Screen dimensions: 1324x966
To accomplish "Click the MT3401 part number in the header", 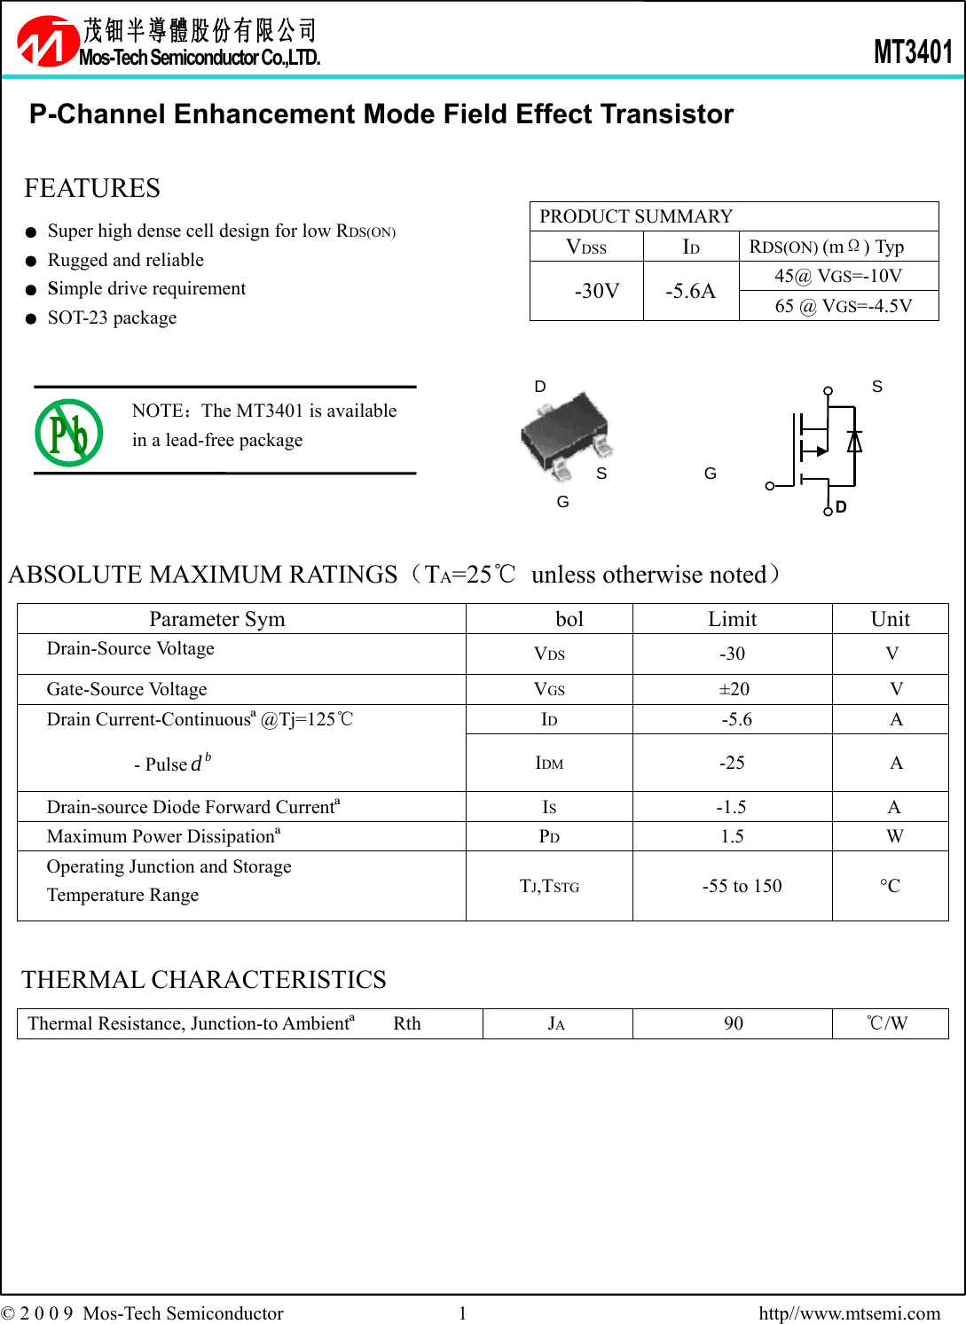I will tap(913, 51).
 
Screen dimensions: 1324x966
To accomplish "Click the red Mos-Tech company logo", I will tap(48, 42).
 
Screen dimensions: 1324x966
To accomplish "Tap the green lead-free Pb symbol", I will tap(69, 433).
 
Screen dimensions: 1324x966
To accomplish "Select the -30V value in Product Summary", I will tap(596, 291).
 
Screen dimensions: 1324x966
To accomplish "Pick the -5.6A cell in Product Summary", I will tap(690, 291).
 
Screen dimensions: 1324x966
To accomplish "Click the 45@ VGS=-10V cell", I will tap(838, 276).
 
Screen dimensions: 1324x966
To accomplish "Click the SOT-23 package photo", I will tap(566, 435).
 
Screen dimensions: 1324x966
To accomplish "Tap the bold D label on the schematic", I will tap(841, 507).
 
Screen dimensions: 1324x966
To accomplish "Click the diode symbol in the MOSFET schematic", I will tap(854, 441).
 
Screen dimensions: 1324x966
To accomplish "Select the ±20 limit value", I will tap(734, 689).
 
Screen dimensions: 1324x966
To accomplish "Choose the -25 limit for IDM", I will tap(732, 763).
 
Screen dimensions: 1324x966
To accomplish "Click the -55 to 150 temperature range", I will tap(742, 886).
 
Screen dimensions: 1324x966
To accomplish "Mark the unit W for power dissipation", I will tap(894, 836).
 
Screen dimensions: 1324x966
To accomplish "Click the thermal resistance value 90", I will tap(734, 1023).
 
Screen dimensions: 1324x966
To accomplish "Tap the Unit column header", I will tap(890, 619).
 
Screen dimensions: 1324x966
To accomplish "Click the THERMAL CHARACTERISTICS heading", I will tap(204, 980).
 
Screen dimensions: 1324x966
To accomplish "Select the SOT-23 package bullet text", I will tap(112, 317).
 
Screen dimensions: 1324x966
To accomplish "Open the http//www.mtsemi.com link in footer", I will tap(849, 1312).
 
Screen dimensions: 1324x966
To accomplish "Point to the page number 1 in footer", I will tap(462, 1312).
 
